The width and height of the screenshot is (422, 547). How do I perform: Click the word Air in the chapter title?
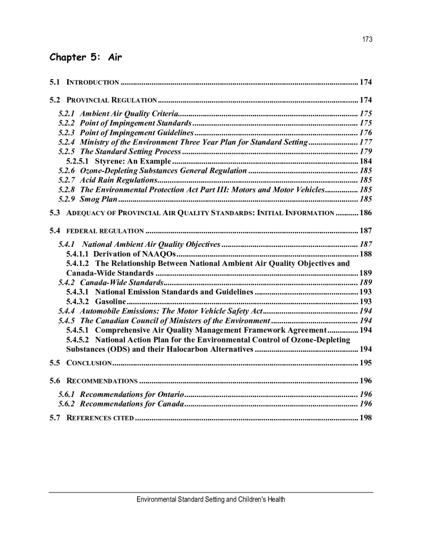tap(115, 57)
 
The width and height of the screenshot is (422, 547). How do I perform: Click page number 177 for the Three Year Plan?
tap(365, 142)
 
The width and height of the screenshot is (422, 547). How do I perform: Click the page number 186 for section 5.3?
tap(365, 213)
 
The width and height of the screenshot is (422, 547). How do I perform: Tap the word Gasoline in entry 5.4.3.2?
tap(110, 302)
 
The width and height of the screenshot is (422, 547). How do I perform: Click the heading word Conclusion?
tap(89, 363)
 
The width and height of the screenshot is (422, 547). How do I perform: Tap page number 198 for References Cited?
tap(365, 418)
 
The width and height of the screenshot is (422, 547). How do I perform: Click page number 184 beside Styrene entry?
tap(365, 161)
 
